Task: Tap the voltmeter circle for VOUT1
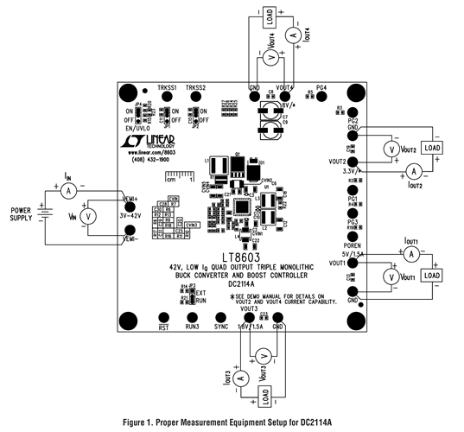pyautogui.click(x=392, y=276)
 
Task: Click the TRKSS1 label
pyautogui.click(x=167, y=88)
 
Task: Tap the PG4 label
pyautogui.click(x=321, y=88)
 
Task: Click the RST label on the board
pyautogui.click(x=162, y=328)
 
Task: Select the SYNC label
pyautogui.click(x=221, y=328)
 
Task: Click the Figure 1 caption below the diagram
pyautogui.click(x=232, y=423)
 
